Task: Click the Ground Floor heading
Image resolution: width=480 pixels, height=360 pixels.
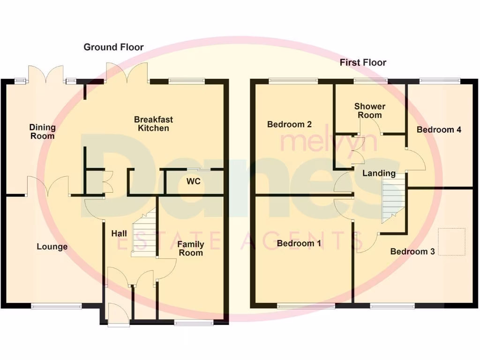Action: click(113, 47)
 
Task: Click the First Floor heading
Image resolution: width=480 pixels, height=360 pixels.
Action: click(363, 62)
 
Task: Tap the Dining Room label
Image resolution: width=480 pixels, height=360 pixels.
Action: click(42, 131)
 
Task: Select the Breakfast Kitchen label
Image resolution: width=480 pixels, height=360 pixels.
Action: click(151, 124)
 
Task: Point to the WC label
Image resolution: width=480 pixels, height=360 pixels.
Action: click(193, 181)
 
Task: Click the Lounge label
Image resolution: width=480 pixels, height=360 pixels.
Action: click(52, 247)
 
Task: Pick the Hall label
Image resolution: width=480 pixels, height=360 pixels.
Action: click(119, 233)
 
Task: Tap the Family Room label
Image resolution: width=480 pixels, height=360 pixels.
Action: click(190, 248)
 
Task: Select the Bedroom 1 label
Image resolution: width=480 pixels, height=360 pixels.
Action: click(295, 243)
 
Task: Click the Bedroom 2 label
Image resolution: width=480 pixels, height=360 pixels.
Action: click(289, 124)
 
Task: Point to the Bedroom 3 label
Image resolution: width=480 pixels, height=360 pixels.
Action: click(412, 251)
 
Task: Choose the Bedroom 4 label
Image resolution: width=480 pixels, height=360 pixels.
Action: click(439, 129)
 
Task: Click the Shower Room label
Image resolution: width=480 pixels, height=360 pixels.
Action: click(368, 111)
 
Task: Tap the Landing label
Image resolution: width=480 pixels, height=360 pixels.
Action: click(379, 173)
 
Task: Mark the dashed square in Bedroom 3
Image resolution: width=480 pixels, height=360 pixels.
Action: click(452, 242)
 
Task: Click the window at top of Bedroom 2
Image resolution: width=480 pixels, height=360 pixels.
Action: click(293, 81)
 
